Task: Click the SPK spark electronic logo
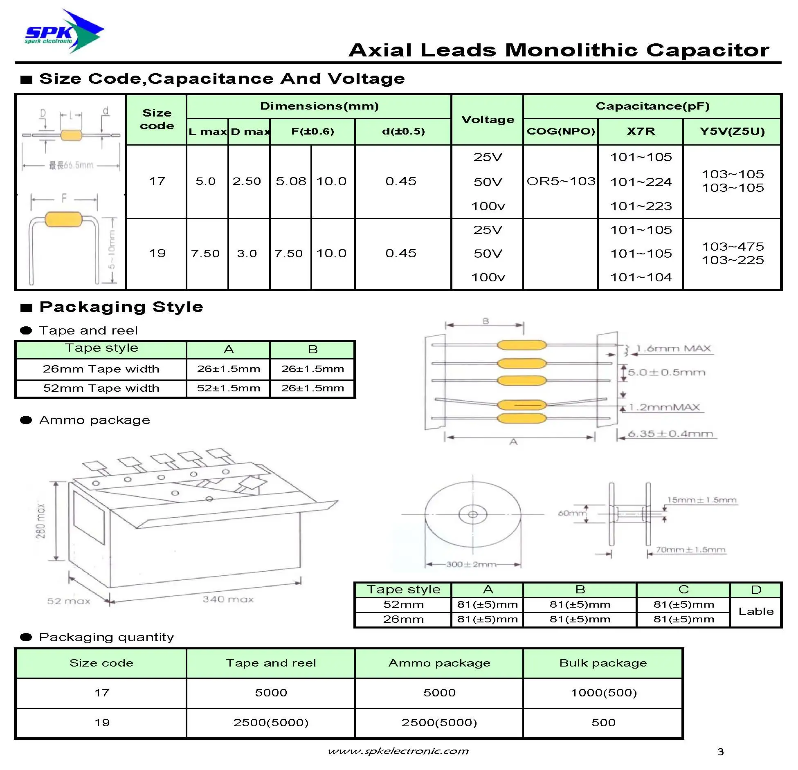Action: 63,32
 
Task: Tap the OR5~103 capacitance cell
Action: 560,181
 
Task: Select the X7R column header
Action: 641,131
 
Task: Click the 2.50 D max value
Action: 247,181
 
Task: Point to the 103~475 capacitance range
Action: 733,247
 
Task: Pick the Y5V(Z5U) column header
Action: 732,131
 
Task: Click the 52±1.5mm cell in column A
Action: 228,388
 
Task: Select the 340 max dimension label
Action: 228,599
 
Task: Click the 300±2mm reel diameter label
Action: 471,564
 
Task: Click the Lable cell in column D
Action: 756,611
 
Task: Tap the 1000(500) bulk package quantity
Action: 604,693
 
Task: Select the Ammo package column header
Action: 439,663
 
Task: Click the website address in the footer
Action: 398,751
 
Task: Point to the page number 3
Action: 720,752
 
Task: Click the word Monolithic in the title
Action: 571,50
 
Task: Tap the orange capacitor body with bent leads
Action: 63,219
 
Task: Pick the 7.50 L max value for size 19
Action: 205,254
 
